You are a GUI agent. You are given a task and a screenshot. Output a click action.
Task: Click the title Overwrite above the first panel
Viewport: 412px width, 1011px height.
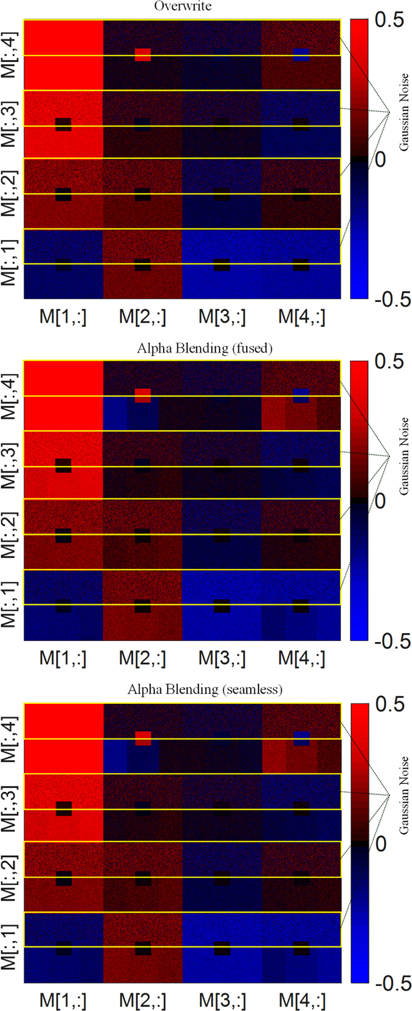182,6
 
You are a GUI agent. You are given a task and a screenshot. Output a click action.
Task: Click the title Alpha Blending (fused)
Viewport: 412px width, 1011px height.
205,348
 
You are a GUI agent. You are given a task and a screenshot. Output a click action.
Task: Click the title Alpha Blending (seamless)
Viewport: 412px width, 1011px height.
205,689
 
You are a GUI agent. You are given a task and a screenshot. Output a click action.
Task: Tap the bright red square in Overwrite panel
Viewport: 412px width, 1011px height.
143,55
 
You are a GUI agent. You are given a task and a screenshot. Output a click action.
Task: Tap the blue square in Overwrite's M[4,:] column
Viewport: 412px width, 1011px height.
301,55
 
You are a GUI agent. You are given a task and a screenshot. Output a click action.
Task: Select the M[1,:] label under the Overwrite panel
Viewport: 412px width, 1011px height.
63,317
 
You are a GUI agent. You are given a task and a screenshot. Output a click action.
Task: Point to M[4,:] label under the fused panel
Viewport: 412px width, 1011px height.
302,658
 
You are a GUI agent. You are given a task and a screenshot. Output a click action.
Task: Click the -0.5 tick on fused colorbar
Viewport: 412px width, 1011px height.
392,642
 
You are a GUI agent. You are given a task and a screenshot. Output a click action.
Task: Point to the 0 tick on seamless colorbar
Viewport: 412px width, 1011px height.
381,844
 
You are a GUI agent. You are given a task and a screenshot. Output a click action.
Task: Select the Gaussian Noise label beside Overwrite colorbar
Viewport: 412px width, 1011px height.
403,112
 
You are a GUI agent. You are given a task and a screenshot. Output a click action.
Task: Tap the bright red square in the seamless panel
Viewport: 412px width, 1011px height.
143,739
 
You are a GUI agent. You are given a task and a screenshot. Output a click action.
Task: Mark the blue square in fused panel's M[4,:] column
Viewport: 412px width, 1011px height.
301,395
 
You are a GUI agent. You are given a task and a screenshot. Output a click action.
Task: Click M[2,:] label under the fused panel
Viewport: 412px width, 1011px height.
142,658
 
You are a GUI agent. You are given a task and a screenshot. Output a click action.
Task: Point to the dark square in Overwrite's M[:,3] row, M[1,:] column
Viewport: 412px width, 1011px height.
63,124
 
